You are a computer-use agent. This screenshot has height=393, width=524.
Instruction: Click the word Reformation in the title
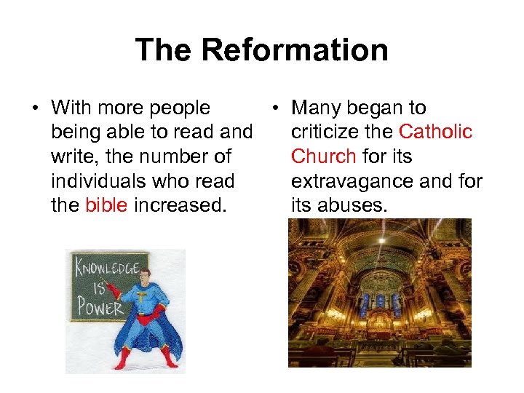[x=294, y=50]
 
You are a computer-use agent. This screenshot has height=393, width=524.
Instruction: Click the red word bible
[x=106, y=206]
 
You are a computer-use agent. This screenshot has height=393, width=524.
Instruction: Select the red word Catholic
[x=436, y=132]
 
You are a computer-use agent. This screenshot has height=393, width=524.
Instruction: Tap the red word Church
[x=323, y=156]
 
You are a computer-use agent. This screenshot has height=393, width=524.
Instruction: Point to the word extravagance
[x=357, y=181]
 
